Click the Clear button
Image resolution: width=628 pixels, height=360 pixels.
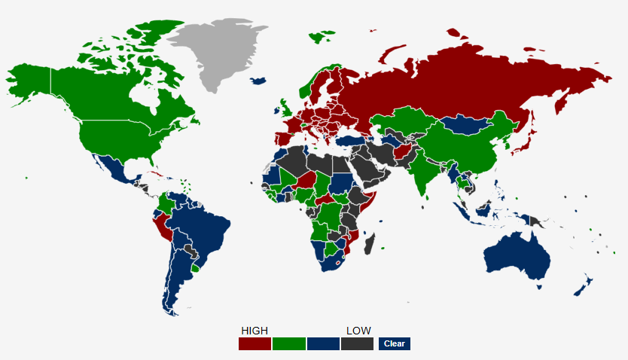pos(394,343)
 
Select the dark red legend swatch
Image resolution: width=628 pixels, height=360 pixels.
pos(255,343)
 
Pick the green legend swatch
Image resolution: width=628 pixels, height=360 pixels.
pos(289,343)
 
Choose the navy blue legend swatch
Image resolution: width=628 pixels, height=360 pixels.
pos(323,343)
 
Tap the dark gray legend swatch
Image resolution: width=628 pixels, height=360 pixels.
pos(357,343)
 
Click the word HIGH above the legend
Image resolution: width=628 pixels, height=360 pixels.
pos(254,331)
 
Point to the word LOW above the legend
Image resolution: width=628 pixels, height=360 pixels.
pos(358,331)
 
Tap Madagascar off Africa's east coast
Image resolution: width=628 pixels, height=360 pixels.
pos(370,244)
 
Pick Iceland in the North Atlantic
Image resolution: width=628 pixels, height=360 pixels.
pos(260,81)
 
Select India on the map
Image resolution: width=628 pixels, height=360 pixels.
pos(427,173)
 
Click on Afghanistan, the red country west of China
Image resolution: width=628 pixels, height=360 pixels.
pos(402,154)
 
